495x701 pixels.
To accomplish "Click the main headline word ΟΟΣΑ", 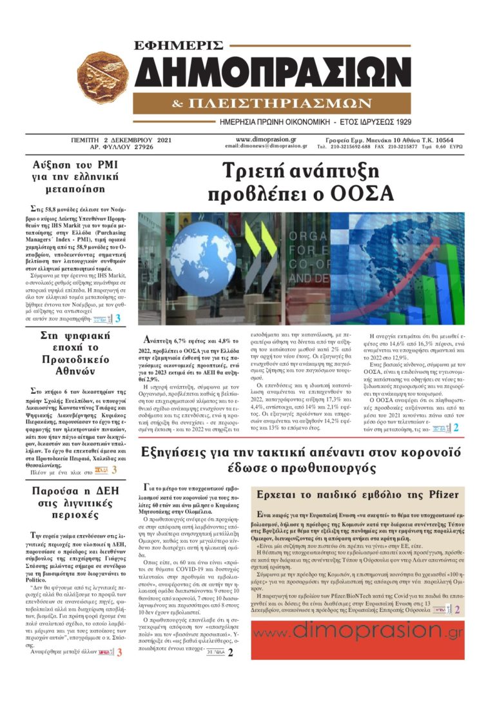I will point(373,194).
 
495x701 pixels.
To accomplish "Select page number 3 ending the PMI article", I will point(118,318).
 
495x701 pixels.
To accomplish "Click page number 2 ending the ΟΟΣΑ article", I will point(456,428).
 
